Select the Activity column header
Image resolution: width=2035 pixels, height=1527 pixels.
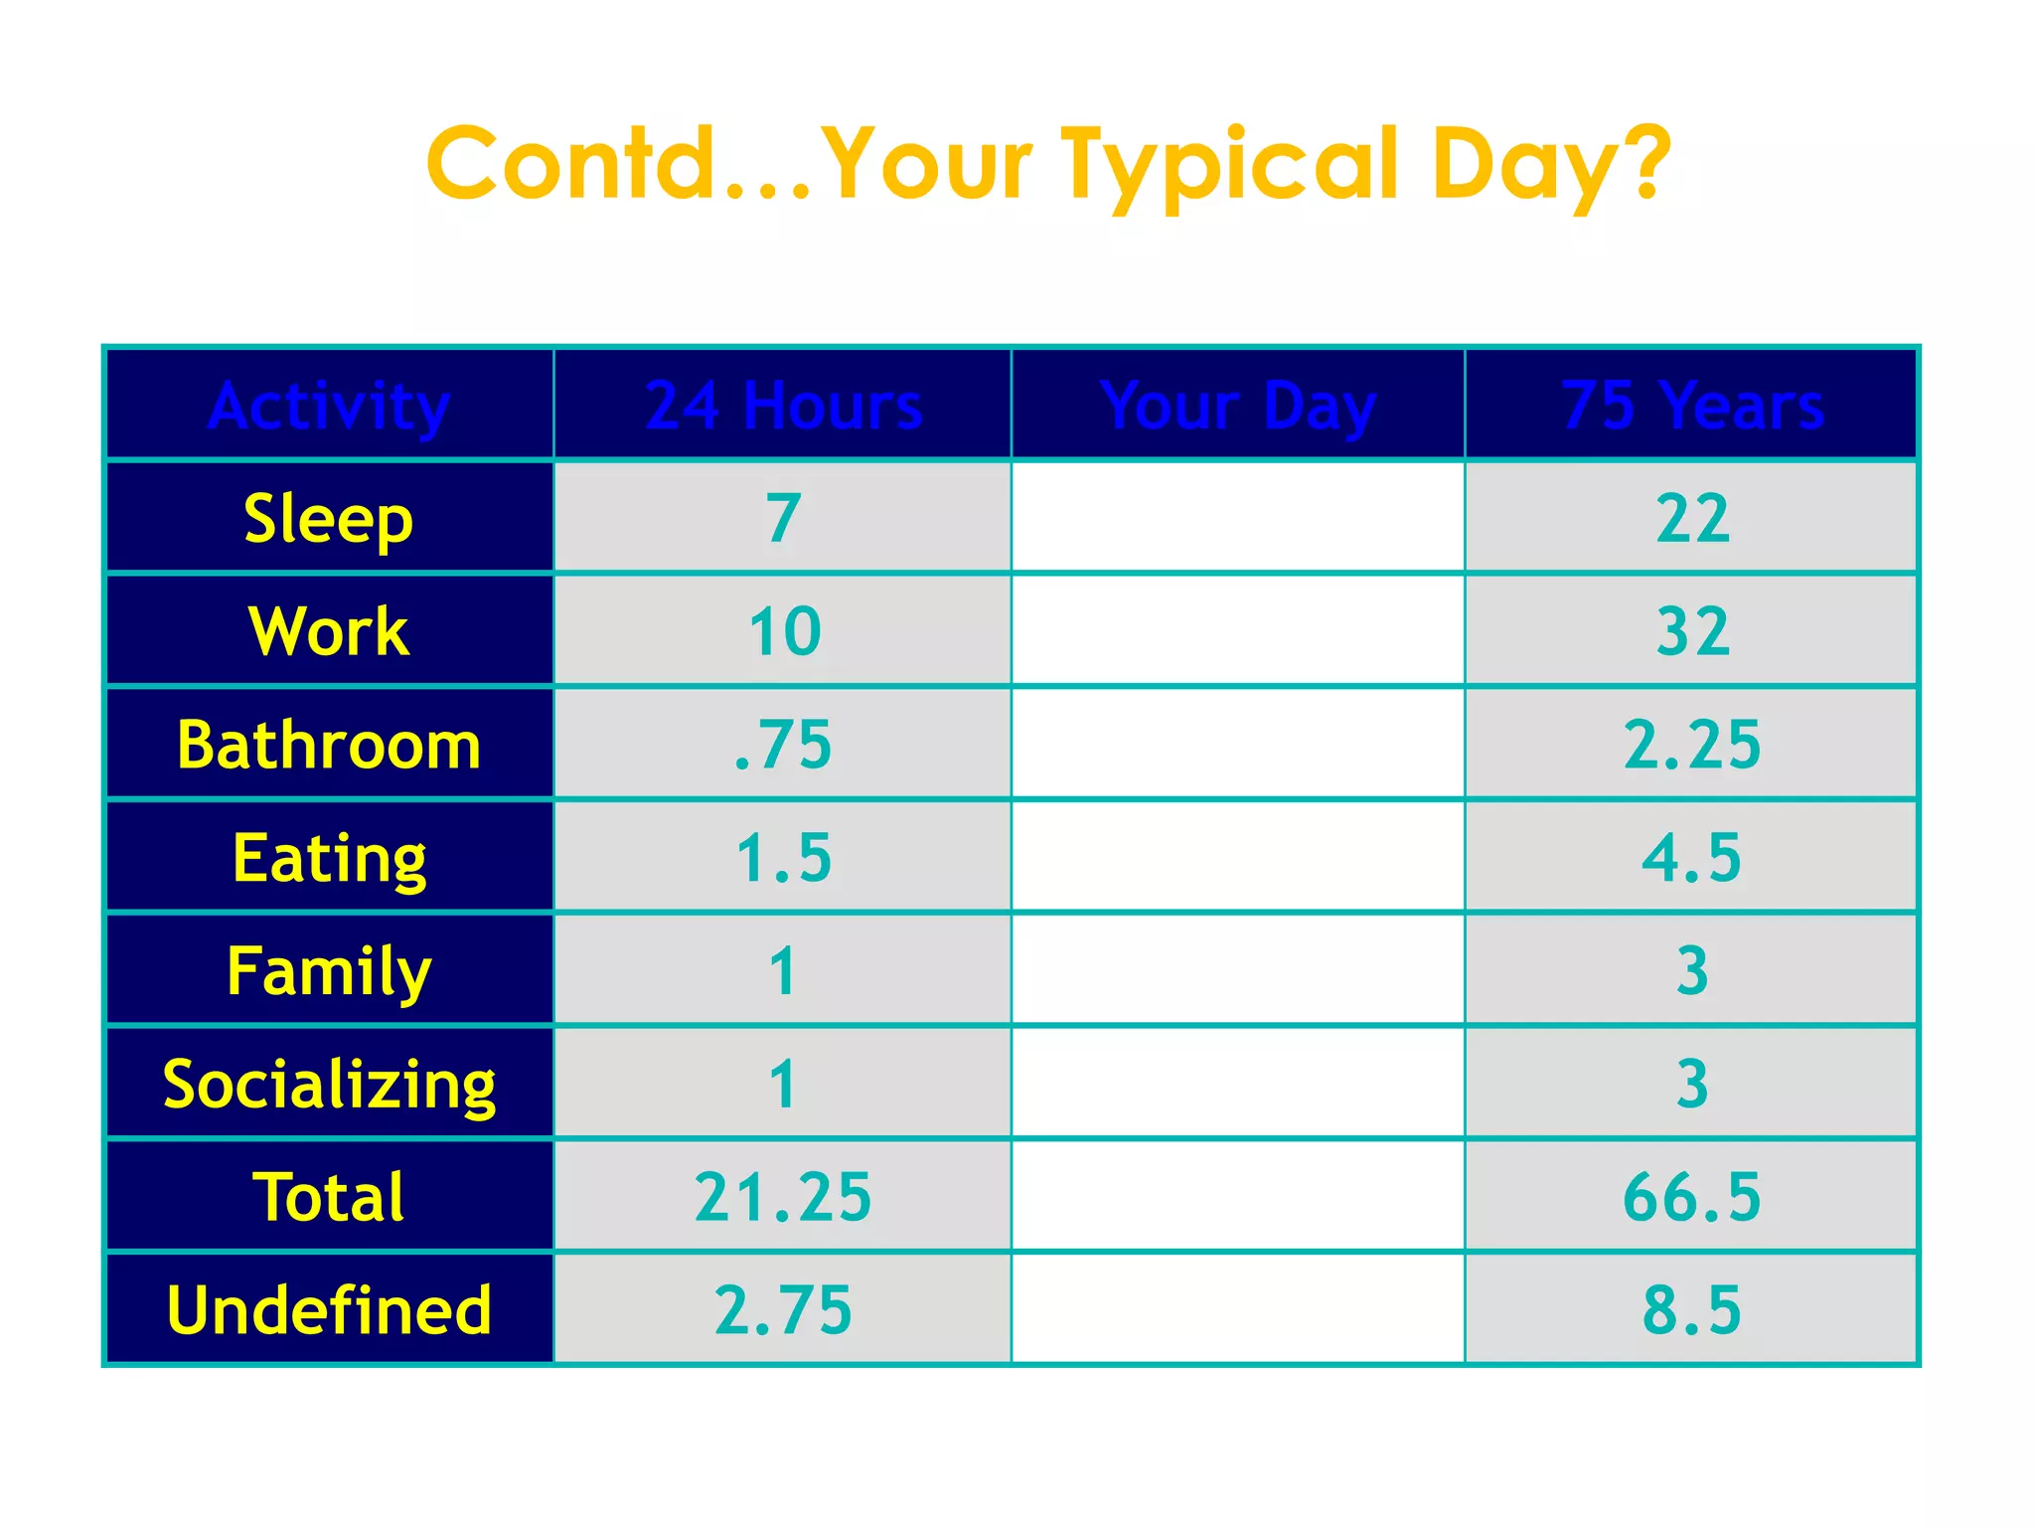tap(329, 406)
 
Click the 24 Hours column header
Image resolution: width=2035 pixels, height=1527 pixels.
tap(783, 406)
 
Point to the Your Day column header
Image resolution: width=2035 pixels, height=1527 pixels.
tap(1238, 406)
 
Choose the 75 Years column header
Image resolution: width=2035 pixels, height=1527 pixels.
tap(1692, 406)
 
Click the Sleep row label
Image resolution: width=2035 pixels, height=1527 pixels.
tap(329, 519)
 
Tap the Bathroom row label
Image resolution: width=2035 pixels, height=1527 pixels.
tap(329, 745)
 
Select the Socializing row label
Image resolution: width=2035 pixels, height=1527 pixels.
tap(329, 1084)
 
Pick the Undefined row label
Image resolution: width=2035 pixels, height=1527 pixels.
tap(329, 1309)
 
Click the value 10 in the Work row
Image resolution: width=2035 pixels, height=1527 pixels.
tap(784, 631)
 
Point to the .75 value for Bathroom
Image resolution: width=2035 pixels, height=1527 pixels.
tap(783, 745)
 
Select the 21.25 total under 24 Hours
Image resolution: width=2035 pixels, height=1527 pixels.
tap(783, 1197)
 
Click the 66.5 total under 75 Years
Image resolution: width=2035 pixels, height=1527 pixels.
tap(1691, 1197)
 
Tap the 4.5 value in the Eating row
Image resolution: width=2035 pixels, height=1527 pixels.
tap(1691, 858)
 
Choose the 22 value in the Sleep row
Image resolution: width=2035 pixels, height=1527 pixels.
tap(1692, 519)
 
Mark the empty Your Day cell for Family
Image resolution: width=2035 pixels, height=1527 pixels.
tap(1238, 970)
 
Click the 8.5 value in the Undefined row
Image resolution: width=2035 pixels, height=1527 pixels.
tap(1691, 1309)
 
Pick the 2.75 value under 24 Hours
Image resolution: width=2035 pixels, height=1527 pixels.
tap(783, 1309)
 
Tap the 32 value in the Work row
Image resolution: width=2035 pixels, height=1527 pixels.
tap(1692, 631)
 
